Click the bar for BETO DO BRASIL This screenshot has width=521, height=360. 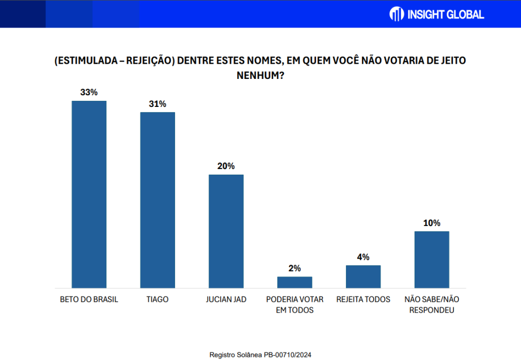pyautogui.click(x=89, y=194)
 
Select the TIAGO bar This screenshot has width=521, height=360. pyautogui.click(x=158, y=200)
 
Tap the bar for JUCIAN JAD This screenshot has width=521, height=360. pyautogui.click(x=226, y=231)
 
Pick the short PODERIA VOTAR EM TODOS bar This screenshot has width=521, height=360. pyautogui.click(x=295, y=282)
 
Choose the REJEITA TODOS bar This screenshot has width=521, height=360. pyautogui.click(x=363, y=276)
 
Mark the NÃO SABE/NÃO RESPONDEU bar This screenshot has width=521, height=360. pyautogui.click(x=432, y=260)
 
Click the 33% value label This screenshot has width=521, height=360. pyautogui.click(x=89, y=93)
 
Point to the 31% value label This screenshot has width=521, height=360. pyautogui.click(x=158, y=104)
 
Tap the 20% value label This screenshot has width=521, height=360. pyautogui.click(x=226, y=166)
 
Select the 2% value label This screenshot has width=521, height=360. pyautogui.click(x=295, y=268)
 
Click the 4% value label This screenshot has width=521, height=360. pyautogui.click(x=363, y=257)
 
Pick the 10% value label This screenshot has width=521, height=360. pyautogui.click(x=432, y=223)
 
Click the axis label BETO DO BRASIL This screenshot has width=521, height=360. pyautogui.click(x=89, y=299)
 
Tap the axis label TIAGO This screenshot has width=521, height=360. pyautogui.click(x=158, y=299)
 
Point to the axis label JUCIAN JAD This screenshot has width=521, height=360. pyautogui.click(x=226, y=299)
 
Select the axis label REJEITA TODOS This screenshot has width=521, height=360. pyautogui.click(x=363, y=299)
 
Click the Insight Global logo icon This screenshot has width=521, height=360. pyautogui.click(x=396, y=14)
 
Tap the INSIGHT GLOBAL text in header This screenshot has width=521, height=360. pyautogui.click(x=446, y=14)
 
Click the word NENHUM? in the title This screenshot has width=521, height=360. pyautogui.click(x=260, y=75)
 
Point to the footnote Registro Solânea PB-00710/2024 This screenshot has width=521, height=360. pyautogui.click(x=260, y=354)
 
